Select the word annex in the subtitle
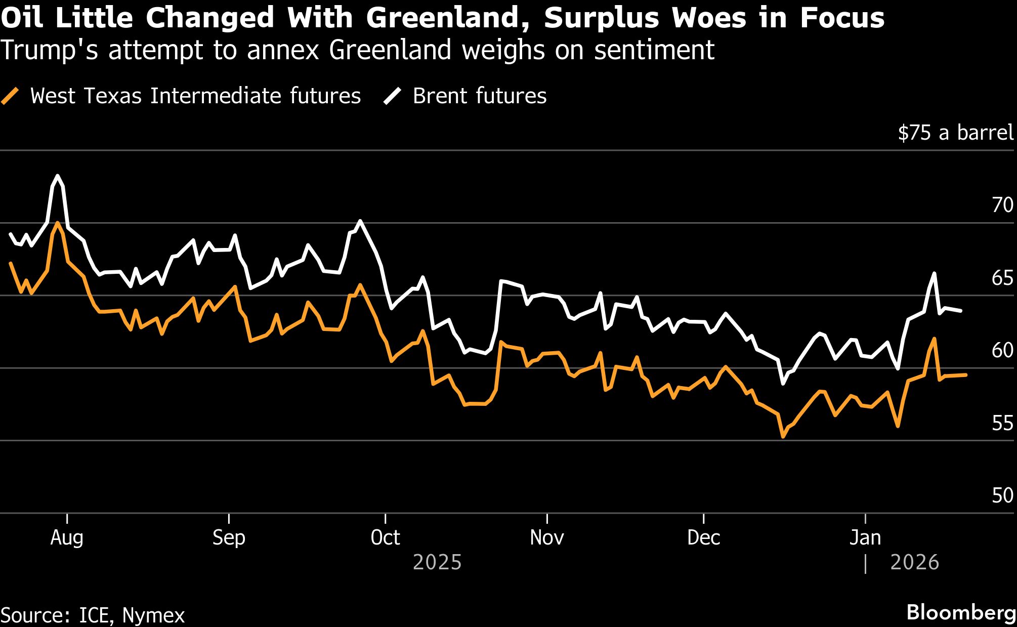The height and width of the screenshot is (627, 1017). pos(284,51)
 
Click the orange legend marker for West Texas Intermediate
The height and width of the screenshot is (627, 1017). pos(10,96)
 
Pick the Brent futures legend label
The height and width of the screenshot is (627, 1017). pos(479,96)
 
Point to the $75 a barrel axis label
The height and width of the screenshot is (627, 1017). pos(955,133)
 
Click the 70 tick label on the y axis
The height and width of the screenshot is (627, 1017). pos(1002,205)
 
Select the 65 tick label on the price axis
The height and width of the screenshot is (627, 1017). pos(1002,278)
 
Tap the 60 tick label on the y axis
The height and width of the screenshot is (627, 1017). pos(1002,350)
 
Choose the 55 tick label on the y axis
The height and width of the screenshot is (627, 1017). pos(1002,423)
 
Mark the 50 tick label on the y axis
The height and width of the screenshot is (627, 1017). pos(1002,495)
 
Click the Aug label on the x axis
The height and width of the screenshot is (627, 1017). pos(67,537)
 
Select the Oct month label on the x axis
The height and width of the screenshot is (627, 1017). pos(385,537)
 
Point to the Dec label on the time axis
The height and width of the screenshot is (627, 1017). pos(703,537)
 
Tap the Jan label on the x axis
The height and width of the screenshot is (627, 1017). pos(865,537)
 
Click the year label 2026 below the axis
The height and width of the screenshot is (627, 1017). pos(914,563)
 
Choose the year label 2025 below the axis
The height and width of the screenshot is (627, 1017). pos(437,563)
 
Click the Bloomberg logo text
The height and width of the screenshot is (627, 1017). pos(961,612)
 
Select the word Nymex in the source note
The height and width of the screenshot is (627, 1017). pos(153,615)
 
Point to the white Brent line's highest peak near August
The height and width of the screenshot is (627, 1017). pos(58,176)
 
